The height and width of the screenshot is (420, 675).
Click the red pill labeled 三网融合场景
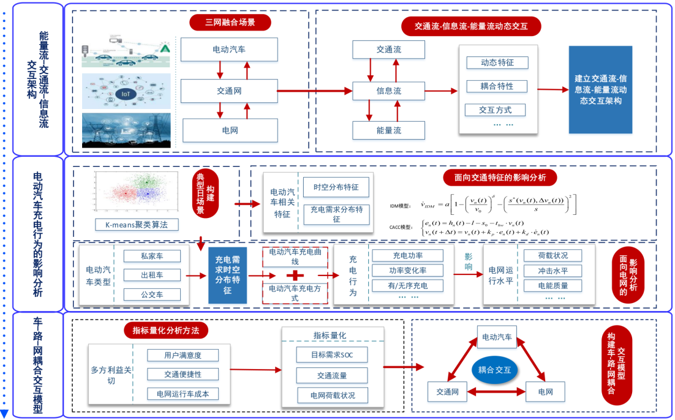(230, 23)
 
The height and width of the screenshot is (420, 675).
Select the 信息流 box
(389, 91)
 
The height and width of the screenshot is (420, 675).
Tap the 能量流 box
(389, 130)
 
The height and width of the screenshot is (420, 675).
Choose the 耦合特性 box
(497, 86)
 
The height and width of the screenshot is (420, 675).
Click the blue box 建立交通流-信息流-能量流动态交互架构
(600, 89)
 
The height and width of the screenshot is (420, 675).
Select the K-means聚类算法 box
(137, 225)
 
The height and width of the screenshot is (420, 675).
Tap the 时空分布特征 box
(336, 187)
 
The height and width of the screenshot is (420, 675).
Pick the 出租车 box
(152, 275)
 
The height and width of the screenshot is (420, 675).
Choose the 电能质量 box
(552, 286)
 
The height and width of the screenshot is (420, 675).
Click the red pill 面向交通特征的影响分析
(500, 178)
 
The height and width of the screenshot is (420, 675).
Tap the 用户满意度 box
(183, 354)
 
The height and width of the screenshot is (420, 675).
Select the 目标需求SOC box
(333, 354)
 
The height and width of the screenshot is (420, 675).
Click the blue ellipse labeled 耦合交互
(496, 370)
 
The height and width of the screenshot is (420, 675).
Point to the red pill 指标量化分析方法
(166, 331)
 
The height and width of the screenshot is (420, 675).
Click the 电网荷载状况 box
(333, 395)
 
